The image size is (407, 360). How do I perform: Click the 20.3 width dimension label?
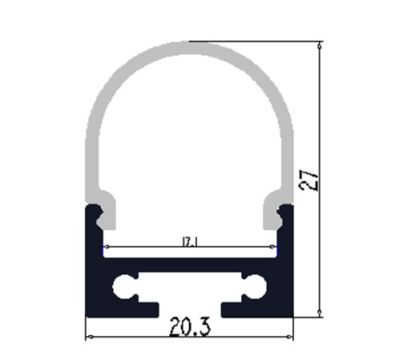point(190,327)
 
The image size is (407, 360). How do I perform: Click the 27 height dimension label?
point(309,182)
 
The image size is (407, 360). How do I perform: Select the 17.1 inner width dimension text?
point(189,242)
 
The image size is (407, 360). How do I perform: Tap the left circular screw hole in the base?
point(123,287)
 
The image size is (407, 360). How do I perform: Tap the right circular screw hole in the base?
point(256,287)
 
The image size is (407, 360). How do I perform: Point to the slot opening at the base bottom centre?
point(190,310)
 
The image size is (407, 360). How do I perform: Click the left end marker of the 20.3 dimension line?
point(91,337)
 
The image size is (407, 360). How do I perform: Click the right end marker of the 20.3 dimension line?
point(289,337)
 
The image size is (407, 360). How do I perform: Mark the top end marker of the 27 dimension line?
point(320,47)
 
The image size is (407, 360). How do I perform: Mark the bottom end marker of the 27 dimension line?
point(320,312)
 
